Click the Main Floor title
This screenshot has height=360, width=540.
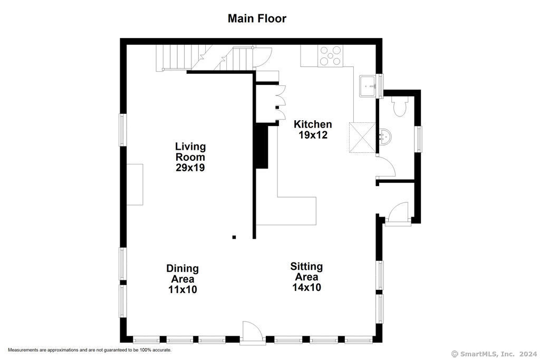coord(257,18)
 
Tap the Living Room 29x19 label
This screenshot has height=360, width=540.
coord(190,157)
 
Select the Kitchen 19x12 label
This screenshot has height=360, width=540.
coord(313,130)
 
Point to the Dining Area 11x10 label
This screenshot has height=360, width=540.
coord(182,279)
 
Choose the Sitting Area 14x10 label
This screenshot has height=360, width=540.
coord(306,277)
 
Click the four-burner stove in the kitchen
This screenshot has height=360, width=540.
coord(330,56)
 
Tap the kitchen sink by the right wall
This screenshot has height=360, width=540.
coord(368,86)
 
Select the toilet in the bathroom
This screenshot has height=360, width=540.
coord(400,106)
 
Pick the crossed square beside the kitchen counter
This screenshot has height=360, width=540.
coord(362,137)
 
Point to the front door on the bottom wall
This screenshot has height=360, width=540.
coord(253,333)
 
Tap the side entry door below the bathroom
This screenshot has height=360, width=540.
coord(398,214)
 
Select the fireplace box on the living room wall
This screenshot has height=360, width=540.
coord(134,184)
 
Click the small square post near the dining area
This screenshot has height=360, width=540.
coord(234,237)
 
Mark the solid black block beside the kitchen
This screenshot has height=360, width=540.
coord(262,147)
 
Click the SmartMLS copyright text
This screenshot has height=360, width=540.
coord(494,354)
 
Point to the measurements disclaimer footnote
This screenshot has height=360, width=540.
coord(90,350)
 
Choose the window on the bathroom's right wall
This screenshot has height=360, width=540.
coord(418,139)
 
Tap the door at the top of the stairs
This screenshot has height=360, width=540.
coord(263,57)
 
